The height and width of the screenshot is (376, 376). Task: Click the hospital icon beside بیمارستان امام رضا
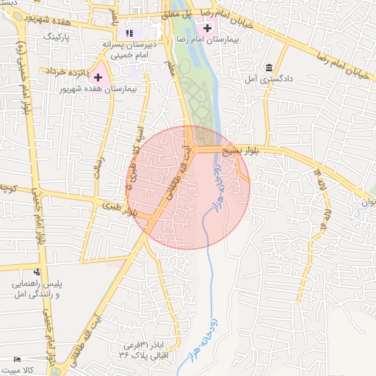tap(208, 29)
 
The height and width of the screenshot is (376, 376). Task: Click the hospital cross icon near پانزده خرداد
tap(98, 76)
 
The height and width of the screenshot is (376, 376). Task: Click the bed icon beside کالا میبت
tap(17, 360)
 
